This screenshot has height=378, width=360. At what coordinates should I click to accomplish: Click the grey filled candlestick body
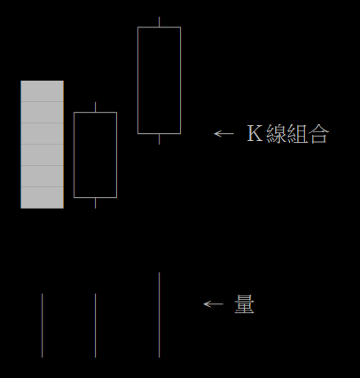click(43, 145)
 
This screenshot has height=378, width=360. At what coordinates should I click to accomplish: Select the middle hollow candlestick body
click(74, 154)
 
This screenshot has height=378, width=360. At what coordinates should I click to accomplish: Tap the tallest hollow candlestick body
click(137, 80)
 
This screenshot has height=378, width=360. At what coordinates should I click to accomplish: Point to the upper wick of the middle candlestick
click(95, 106)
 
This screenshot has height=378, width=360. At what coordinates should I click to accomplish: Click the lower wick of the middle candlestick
click(95, 203)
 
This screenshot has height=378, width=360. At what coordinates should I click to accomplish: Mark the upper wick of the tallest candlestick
click(159, 21)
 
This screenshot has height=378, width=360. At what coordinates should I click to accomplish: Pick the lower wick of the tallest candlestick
click(159, 139)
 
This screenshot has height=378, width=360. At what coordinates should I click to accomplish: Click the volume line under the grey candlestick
click(42, 326)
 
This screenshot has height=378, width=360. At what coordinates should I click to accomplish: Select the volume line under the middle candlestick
click(95, 326)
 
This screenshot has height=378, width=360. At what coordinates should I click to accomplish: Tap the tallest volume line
click(159, 315)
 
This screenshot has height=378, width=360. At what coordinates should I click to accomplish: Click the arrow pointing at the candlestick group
click(223, 134)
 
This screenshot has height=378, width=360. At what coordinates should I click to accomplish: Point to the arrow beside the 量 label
click(213, 304)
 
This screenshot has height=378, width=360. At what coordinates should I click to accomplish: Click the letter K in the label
click(254, 134)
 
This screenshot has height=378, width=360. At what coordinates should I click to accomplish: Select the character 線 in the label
click(276, 134)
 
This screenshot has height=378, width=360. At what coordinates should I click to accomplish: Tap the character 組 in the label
click(297, 134)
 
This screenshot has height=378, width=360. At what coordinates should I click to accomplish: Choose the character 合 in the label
click(318, 134)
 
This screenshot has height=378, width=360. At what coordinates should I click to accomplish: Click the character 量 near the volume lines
click(245, 304)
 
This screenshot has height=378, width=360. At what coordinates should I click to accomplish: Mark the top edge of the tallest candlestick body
click(159, 27)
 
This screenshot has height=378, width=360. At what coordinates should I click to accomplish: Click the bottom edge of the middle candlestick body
click(95, 197)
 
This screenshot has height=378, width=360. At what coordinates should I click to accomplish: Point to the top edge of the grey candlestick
click(43, 81)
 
